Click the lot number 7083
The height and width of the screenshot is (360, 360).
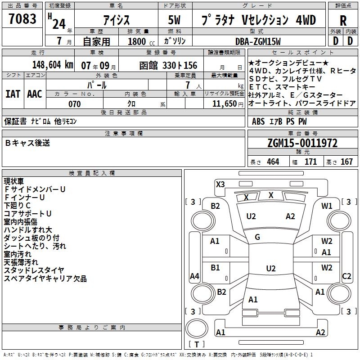point(22,19)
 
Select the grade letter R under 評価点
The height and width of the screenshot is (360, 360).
point(343,21)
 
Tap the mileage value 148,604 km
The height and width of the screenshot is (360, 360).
point(53,65)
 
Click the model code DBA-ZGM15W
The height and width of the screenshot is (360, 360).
point(258,41)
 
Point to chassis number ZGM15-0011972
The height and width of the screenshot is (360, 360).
point(302,143)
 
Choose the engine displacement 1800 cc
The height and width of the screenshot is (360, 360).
point(141,41)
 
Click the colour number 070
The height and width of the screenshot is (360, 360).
point(75,104)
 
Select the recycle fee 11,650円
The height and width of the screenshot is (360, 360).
point(228,104)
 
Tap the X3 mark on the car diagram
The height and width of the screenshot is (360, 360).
point(220,184)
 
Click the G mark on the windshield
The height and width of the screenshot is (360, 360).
point(257,237)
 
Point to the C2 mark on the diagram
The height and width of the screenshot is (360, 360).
point(346,276)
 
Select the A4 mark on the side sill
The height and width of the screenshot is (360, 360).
point(194,276)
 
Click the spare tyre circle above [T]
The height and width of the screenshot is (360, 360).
point(197,328)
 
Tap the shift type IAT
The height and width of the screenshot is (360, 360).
point(13,94)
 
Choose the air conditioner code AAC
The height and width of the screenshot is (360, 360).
point(35,94)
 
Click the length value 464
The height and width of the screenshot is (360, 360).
point(273,162)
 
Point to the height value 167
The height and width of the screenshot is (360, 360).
point(346,162)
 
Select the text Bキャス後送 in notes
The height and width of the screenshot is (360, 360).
point(27,143)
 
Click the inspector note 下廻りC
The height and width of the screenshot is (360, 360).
point(17,206)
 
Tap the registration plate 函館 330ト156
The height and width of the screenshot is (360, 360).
point(168,65)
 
